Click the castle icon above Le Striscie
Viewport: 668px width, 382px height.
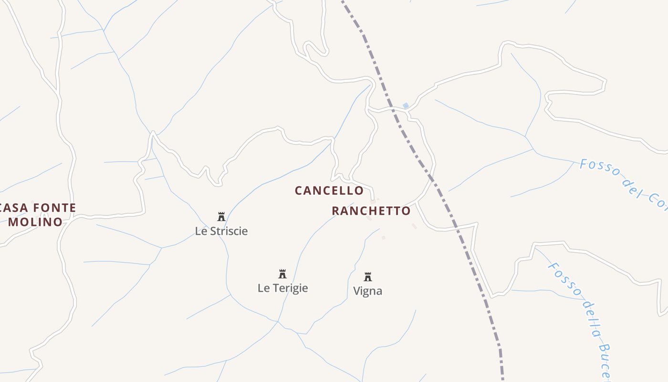tap(221, 217)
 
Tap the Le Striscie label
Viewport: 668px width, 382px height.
tap(221, 231)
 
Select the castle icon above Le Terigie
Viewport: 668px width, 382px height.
tap(282, 274)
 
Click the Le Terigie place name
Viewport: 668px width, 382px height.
tap(282, 288)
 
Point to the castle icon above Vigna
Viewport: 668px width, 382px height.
tap(368, 277)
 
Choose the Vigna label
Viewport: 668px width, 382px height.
tap(368, 291)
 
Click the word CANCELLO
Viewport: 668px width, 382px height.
tap(329, 191)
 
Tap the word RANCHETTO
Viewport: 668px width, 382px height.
tap(371, 211)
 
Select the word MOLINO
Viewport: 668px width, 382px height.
tap(35, 222)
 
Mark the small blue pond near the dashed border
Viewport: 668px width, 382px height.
tap(406, 106)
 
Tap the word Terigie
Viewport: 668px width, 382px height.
tap(289, 288)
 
